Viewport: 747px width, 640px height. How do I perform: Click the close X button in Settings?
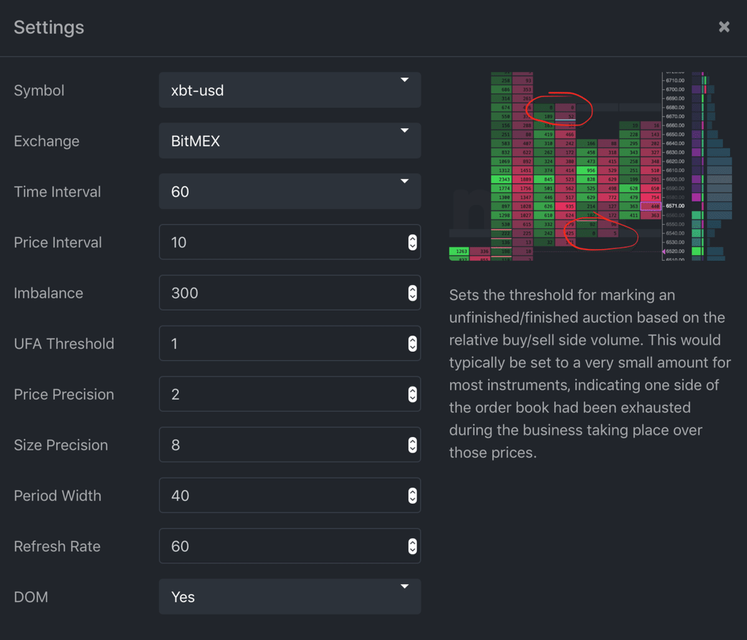pyautogui.click(x=723, y=27)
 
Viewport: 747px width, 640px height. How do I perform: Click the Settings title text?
pyautogui.click(x=49, y=27)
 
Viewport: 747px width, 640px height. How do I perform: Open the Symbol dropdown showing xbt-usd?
pyautogui.click(x=289, y=90)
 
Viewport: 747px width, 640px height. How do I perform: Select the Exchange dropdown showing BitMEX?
pyautogui.click(x=289, y=141)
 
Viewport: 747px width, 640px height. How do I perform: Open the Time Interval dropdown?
pyautogui.click(x=289, y=191)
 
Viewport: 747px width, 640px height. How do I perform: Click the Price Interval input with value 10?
pyautogui.click(x=280, y=242)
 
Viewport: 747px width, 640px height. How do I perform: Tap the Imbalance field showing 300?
pyautogui.click(x=280, y=293)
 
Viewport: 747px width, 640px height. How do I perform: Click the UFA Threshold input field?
pyautogui.click(x=280, y=344)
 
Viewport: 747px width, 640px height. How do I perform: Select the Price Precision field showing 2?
pyautogui.click(x=280, y=394)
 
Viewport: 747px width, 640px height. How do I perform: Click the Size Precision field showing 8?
pyautogui.click(x=280, y=445)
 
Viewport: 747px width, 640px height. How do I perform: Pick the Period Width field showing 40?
pyautogui.click(x=280, y=496)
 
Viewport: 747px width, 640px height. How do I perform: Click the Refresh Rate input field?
pyautogui.click(x=280, y=546)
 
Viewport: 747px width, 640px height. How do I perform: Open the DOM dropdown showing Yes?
pyautogui.click(x=289, y=596)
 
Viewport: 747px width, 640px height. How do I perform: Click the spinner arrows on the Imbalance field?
pyautogui.click(x=412, y=293)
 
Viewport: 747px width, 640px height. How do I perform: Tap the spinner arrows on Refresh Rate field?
pyautogui.click(x=412, y=546)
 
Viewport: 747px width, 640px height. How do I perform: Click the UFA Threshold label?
pyautogui.click(x=63, y=344)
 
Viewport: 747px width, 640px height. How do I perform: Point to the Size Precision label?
pyautogui.click(x=60, y=445)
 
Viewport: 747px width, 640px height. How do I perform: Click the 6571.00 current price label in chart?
pyautogui.click(x=675, y=206)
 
